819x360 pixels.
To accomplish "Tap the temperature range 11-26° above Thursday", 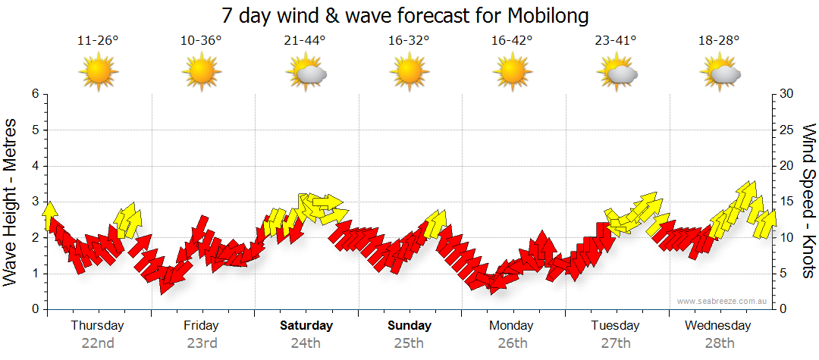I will coord(98,40).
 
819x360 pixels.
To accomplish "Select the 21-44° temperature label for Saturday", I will coord(306,40).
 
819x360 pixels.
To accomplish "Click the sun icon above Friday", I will coord(202,74).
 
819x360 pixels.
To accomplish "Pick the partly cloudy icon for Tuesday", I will coord(617,74).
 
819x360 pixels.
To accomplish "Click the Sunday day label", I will coord(409,326).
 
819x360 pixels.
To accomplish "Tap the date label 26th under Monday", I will coord(513,343).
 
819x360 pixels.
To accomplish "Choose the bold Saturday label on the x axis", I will coord(306,326).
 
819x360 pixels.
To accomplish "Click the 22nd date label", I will coord(98,343).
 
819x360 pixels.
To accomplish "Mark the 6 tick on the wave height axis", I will coord(35,94).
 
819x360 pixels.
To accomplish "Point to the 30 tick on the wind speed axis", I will coord(787,94).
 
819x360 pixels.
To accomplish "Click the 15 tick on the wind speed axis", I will coord(787,202).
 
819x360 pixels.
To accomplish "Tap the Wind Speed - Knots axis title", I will coord(808,202).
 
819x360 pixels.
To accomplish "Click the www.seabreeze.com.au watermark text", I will coord(723,301).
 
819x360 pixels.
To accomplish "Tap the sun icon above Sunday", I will coord(409,74).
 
